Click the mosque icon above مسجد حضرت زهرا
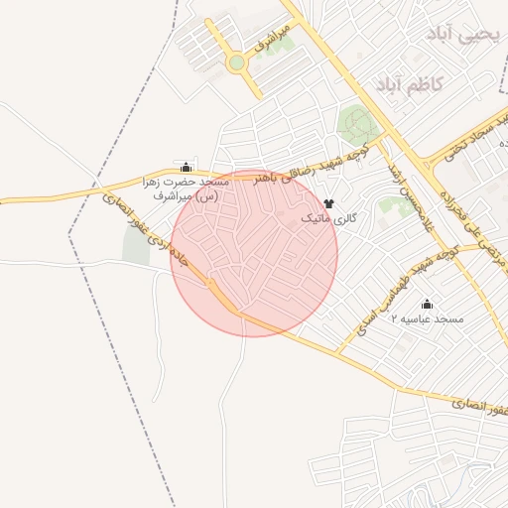pos(186,166)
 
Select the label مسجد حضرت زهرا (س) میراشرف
pos(186,190)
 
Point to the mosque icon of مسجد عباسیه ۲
pos(428,304)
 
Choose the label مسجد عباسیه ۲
pos(428,318)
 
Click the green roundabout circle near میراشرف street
pos(236,63)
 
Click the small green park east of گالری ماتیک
pos(398,205)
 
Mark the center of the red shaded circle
pos(254,254)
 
